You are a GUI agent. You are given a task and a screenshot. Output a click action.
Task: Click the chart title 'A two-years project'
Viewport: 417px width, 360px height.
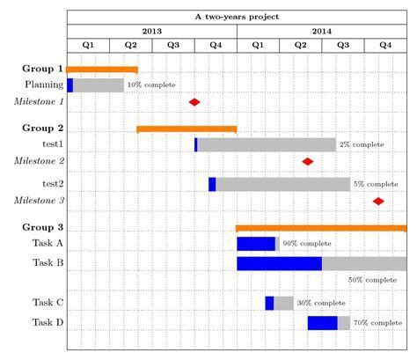[238, 17]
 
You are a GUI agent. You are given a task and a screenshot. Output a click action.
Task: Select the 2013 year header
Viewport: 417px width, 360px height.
[151, 30]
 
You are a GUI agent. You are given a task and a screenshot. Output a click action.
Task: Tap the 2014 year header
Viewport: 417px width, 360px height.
[322, 30]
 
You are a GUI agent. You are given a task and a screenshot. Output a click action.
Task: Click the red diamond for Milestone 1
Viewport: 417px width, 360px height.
[194, 102]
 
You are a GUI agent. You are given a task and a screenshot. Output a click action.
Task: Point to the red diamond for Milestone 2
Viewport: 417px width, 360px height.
[308, 161]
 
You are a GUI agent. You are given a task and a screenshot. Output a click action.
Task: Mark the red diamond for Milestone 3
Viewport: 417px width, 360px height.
[378, 201]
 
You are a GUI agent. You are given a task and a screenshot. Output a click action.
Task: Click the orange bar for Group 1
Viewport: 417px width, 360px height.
[102, 69]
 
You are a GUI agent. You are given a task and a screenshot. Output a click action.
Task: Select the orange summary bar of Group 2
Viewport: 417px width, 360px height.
[187, 129]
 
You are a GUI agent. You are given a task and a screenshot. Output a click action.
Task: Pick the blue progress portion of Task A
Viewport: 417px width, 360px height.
[256, 244]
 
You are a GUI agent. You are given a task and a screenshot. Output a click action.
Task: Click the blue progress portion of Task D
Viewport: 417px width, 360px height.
[322, 323]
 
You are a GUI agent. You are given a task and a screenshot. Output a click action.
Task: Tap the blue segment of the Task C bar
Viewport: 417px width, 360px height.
[269, 303]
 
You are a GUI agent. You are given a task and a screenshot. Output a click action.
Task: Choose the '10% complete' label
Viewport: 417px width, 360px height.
[151, 85]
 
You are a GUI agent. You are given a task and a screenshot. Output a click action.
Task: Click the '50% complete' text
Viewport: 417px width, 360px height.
[372, 279]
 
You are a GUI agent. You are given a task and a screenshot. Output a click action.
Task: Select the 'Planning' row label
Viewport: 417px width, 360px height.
[44, 85]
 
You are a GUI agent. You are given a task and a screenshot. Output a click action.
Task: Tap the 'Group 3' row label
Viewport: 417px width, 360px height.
[42, 227]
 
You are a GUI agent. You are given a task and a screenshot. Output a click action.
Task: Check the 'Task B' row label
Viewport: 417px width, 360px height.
[48, 262]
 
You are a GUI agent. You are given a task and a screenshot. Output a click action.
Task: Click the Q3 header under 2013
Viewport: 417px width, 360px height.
[173, 45]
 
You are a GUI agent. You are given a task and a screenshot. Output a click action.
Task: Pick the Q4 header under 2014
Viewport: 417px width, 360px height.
[385, 45]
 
